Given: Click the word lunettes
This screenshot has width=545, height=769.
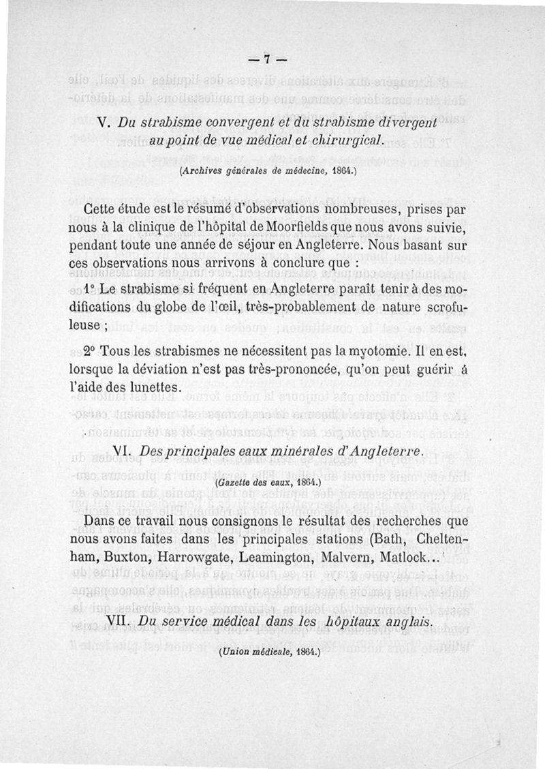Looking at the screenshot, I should [149, 387].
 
